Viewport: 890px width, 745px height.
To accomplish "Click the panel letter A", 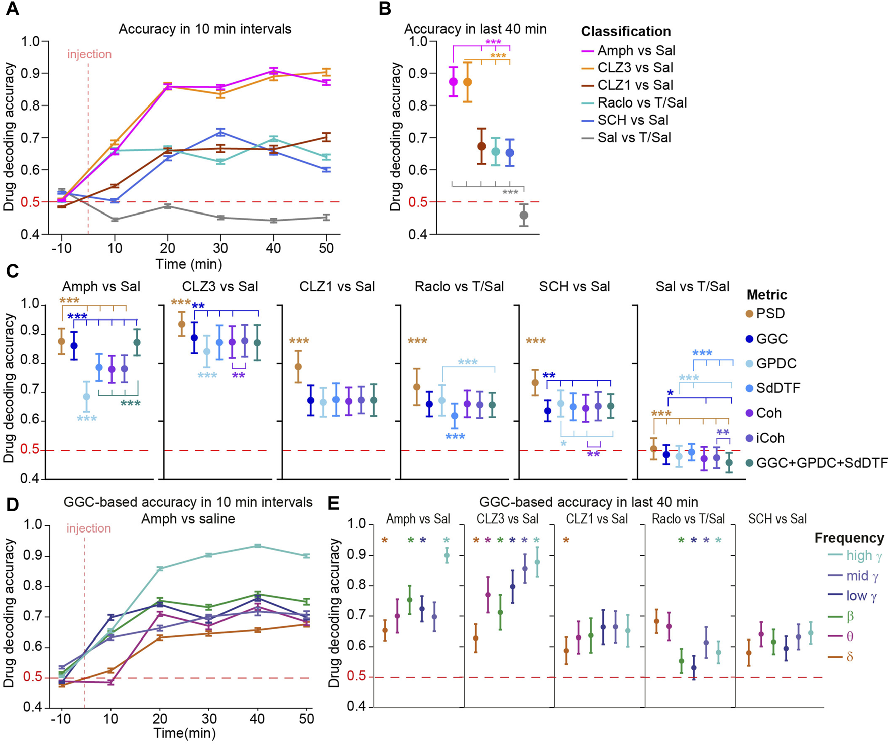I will pyautogui.click(x=12, y=9).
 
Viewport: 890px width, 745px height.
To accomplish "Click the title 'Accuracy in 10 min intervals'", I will pyautogui.click(x=205, y=29).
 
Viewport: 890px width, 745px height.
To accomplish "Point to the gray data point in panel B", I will pyautogui.click(x=524, y=216).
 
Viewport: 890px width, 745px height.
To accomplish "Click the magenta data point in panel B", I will pyautogui.click(x=454, y=81).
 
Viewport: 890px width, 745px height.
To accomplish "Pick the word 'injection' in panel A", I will pyautogui.click(x=89, y=54).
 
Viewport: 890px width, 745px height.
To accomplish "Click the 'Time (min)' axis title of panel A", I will pyautogui.click(x=188, y=264).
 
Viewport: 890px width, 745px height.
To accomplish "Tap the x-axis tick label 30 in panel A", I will pyautogui.click(x=220, y=248).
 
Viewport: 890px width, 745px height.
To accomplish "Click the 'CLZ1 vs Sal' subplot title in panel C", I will pyautogui.click(x=337, y=287).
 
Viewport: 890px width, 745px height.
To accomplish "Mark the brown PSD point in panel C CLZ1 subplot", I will pyautogui.click(x=298, y=366).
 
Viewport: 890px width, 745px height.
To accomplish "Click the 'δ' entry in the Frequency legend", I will pyautogui.click(x=849, y=657).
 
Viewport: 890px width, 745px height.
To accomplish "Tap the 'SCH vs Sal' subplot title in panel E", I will pyautogui.click(x=777, y=519).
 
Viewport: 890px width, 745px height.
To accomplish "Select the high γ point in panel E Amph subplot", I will pyautogui.click(x=447, y=555).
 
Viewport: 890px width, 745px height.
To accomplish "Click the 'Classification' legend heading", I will pyautogui.click(x=626, y=32).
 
